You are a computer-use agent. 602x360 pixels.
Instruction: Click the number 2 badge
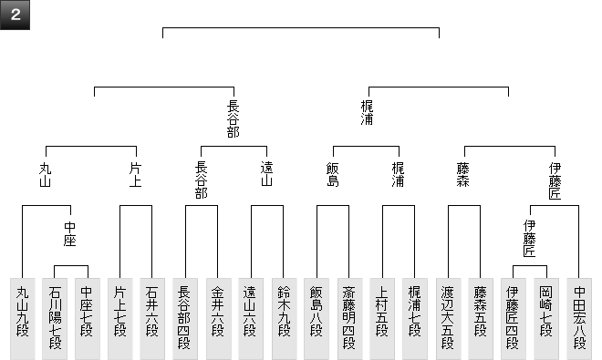click(x=15, y=15)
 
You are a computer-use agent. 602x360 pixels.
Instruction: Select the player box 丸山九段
click(x=22, y=319)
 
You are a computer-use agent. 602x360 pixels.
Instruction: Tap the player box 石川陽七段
click(x=55, y=319)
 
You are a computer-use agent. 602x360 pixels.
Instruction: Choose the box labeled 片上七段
click(x=120, y=319)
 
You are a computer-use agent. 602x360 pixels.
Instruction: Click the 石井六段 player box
click(x=152, y=319)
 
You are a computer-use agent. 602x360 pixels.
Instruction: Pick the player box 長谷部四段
click(x=185, y=319)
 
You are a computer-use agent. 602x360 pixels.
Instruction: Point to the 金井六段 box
click(x=219, y=319)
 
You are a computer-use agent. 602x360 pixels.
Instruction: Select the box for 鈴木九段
click(x=285, y=319)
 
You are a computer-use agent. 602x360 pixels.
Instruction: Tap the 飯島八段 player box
click(x=317, y=319)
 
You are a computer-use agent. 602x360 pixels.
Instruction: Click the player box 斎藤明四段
click(x=349, y=319)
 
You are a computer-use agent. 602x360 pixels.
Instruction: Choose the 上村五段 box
click(x=382, y=319)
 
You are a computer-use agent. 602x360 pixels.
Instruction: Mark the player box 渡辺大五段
click(x=449, y=319)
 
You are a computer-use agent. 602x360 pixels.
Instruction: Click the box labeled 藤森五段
click(x=481, y=319)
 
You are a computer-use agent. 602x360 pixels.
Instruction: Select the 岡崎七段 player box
click(x=546, y=319)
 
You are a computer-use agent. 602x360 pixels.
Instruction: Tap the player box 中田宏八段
click(x=579, y=319)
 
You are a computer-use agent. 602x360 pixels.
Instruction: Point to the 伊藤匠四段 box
click(x=514, y=319)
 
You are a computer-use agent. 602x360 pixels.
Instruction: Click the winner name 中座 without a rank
click(x=70, y=234)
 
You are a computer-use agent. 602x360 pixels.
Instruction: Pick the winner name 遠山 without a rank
click(x=267, y=174)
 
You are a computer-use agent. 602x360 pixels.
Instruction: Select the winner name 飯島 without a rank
click(x=333, y=174)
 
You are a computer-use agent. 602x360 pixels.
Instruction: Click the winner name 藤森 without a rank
click(x=463, y=174)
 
